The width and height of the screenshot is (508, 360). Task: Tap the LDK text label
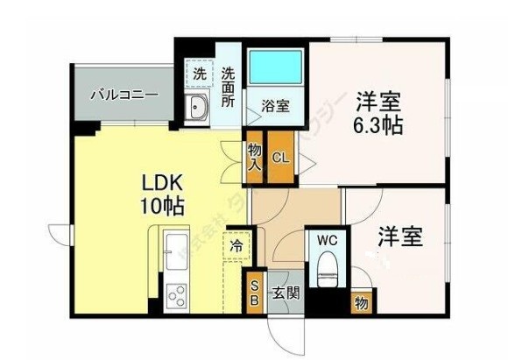click(x=163, y=184)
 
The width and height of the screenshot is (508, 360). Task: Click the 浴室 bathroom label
click(x=276, y=107)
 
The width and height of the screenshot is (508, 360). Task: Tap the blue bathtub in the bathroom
click(x=277, y=67)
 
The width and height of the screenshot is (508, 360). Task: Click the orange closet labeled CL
click(x=281, y=159)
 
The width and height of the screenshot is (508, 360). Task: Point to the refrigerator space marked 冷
click(x=237, y=246)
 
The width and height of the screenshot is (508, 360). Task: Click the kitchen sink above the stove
click(x=172, y=252)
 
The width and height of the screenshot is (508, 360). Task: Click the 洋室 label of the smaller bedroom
click(x=401, y=236)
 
